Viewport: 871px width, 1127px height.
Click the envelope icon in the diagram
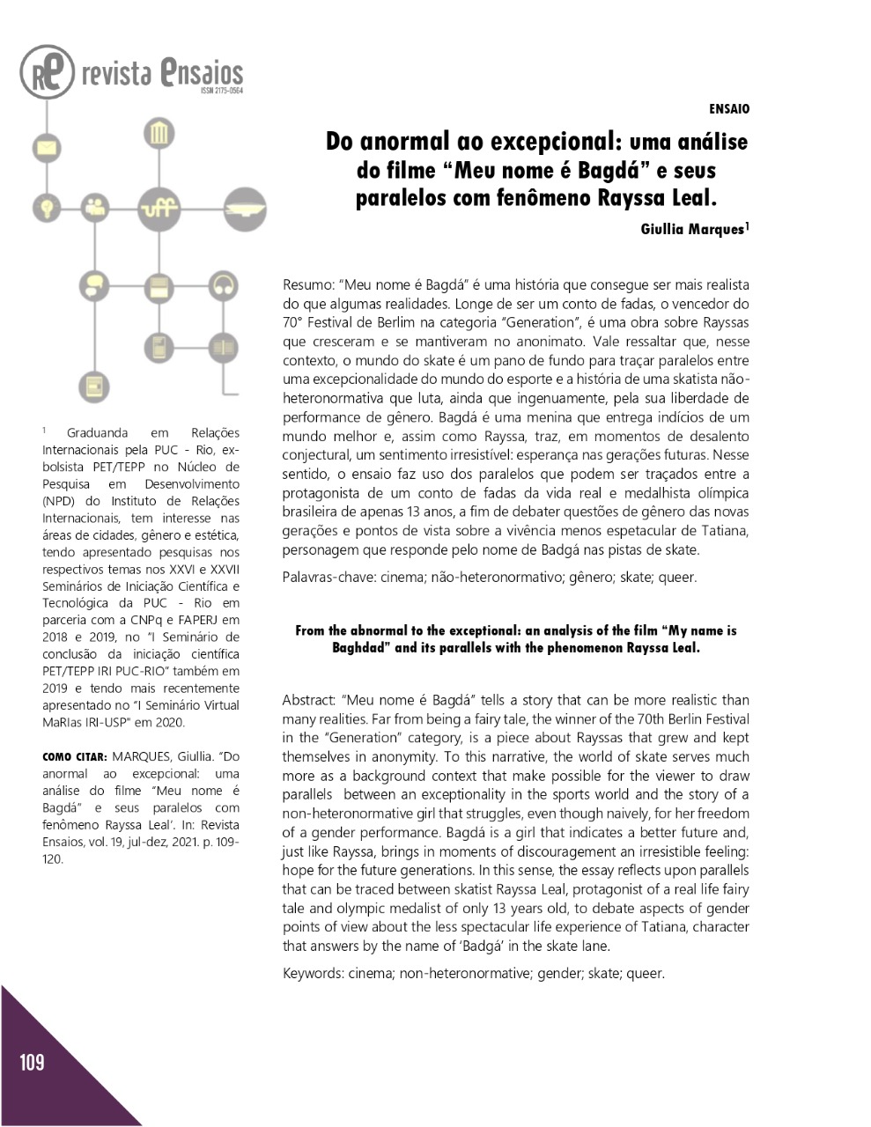coord(45,147)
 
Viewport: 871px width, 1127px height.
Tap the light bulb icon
coord(45,209)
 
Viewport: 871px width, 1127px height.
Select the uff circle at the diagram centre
coord(159,210)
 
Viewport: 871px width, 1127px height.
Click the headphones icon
coord(223,285)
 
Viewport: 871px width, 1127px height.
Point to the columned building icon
coord(159,135)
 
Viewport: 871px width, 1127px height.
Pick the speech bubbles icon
coord(92,285)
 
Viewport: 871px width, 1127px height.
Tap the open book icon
coord(223,347)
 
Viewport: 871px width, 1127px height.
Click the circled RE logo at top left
coord(47,72)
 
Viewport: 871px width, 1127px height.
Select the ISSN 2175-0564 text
coord(221,91)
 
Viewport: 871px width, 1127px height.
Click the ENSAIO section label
coord(729,109)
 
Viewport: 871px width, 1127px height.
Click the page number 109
coord(32,1063)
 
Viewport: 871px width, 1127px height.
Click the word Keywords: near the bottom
coord(313,973)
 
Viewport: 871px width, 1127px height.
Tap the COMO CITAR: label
coord(75,757)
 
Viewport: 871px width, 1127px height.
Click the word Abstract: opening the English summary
coord(310,701)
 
